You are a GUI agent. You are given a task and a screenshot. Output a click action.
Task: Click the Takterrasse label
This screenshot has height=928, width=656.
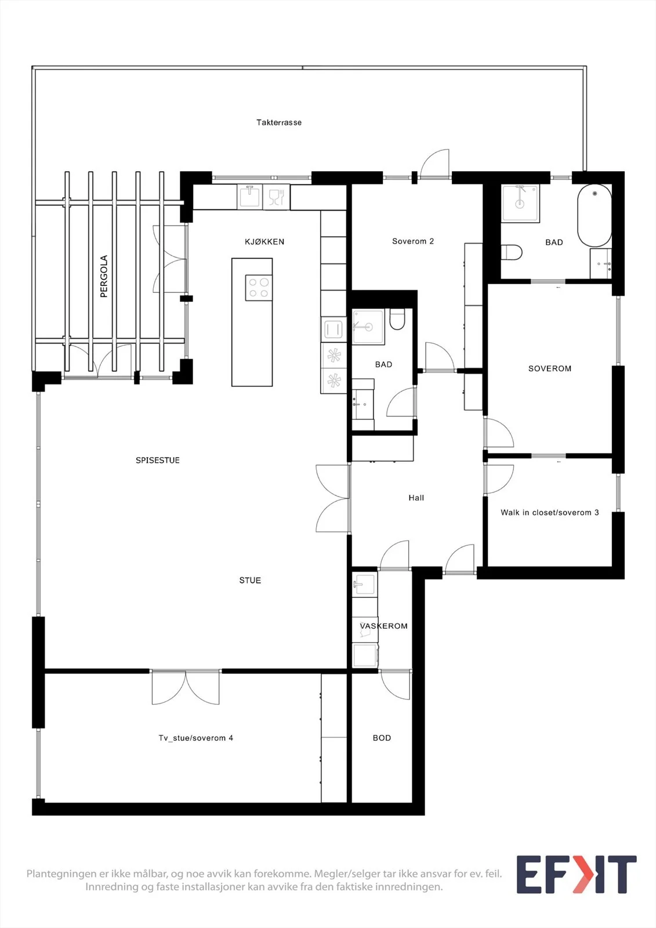[279, 122]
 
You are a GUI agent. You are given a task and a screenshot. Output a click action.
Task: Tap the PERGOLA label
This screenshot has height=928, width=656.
[104, 276]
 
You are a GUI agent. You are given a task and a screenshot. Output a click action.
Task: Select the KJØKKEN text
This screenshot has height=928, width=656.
[264, 242]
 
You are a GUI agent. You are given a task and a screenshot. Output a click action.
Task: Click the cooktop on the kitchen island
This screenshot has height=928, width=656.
[259, 288]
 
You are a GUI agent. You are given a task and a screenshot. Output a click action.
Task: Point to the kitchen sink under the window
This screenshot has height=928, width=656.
[249, 197]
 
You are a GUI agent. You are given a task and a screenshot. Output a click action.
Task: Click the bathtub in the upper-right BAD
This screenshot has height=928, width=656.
[595, 215]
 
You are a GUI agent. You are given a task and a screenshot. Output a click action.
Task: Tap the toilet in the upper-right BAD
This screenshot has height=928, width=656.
[512, 252]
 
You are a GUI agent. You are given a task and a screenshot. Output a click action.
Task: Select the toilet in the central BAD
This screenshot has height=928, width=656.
[397, 320]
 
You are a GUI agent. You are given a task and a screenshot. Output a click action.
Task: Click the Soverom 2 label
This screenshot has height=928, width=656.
[413, 241]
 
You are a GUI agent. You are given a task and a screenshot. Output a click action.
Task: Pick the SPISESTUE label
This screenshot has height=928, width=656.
[157, 461]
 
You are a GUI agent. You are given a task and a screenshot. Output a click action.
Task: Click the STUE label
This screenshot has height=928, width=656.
[250, 581]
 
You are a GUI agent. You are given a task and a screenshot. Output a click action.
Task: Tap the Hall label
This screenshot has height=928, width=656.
[416, 498]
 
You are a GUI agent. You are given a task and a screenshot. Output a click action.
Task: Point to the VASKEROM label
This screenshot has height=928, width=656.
[383, 626]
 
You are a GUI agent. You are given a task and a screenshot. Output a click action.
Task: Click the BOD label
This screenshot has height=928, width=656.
[382, 738]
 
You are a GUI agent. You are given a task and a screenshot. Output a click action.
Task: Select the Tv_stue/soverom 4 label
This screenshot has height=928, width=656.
[195, 738]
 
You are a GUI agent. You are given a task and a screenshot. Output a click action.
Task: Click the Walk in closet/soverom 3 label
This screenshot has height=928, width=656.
[549, 513]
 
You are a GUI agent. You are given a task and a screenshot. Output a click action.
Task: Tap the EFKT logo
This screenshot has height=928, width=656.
[577, 874]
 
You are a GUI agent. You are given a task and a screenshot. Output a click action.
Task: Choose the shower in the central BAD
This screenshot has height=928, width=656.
[368, 327]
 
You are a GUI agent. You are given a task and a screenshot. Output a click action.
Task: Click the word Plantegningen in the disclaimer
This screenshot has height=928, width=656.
[62, 874]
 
